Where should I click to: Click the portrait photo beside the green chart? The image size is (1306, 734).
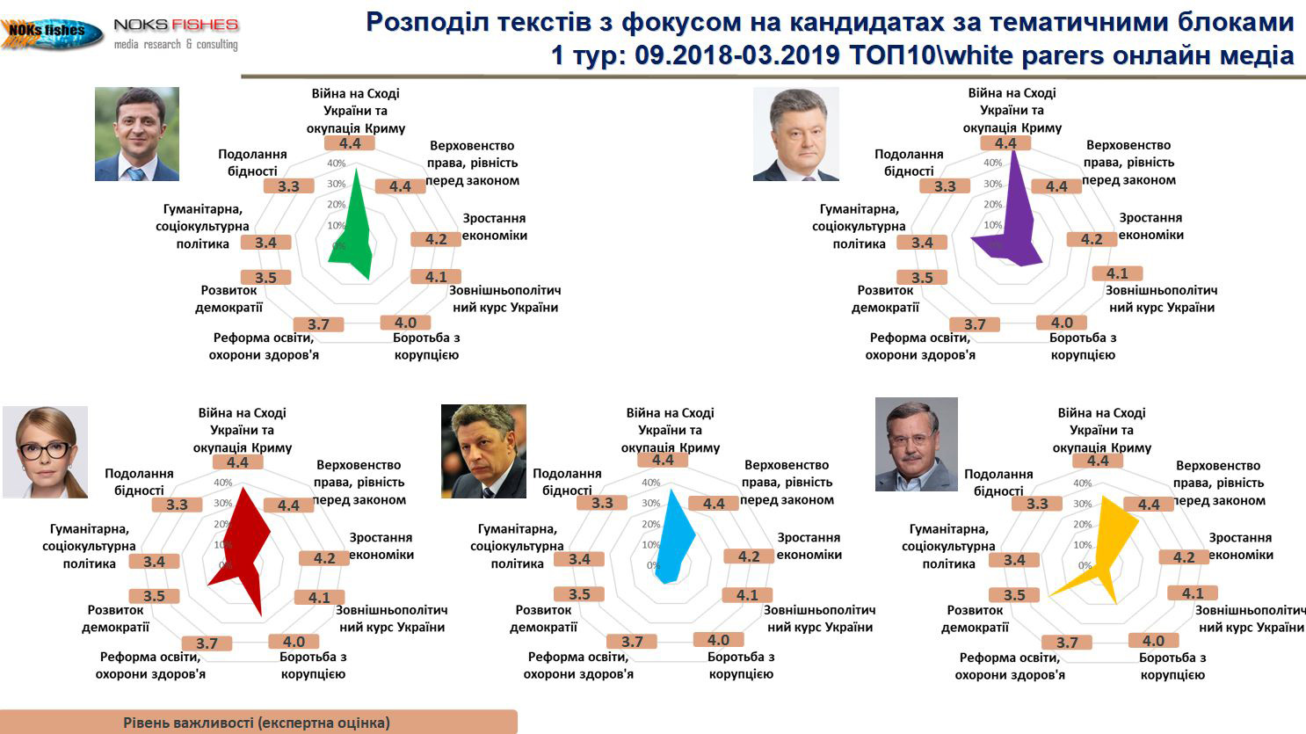coord(137,134)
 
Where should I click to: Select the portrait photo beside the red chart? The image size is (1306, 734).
coord(46,453)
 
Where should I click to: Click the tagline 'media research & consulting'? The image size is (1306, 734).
coord(176,44)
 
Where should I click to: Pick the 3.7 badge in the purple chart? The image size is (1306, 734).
coord(975,324)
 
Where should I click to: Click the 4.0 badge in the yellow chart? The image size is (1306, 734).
coord(1153,641)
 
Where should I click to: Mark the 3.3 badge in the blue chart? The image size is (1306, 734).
coord(602,503)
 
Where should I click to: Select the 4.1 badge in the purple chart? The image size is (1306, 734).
coord(1117,273)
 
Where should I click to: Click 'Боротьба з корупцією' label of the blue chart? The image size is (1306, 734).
coord(741,665)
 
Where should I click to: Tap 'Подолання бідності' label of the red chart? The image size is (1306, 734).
coord(139,482)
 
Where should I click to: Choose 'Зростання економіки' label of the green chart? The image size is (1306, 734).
coord(495,227)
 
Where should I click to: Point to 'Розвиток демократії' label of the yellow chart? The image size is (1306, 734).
coord(975,619)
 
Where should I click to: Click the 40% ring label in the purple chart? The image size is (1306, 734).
coord(992,163)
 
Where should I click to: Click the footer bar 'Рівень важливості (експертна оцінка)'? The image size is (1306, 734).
coord(258,722)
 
